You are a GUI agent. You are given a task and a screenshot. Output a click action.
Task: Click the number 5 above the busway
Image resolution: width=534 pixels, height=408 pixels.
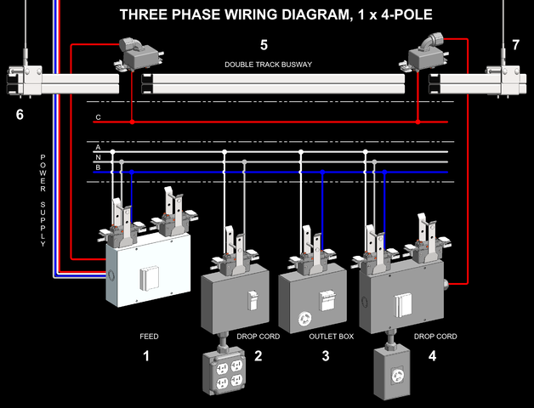coord(264,44)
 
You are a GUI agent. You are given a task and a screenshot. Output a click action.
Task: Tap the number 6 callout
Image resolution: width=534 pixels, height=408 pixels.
coord(20,114)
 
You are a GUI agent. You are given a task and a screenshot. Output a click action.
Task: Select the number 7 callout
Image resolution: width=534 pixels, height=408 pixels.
coord(515,44)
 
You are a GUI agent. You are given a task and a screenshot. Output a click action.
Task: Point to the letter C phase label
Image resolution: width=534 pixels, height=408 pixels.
coord(98,116)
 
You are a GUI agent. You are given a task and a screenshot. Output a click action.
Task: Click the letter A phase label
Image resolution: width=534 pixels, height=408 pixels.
coord(98,147)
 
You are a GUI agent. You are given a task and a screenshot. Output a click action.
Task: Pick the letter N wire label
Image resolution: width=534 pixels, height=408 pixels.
coord(98,157)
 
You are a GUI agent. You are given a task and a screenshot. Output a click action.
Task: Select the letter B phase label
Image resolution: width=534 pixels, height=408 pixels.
coord(98,167)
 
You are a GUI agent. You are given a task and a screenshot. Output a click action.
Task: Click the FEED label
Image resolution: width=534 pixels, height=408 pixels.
coord(149,337)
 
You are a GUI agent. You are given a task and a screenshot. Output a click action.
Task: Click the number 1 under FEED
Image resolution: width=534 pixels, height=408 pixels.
coord(146,355)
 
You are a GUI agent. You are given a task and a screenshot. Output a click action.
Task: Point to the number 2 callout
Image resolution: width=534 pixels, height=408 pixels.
coord(258,355)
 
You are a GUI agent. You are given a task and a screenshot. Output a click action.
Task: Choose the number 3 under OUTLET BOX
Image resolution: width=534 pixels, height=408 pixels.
coord(325,355)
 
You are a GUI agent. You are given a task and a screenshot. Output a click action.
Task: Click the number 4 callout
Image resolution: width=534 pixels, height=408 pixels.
coord(432,355)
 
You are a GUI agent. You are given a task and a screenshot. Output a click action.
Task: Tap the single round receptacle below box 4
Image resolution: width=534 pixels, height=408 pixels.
coord(397,373)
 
